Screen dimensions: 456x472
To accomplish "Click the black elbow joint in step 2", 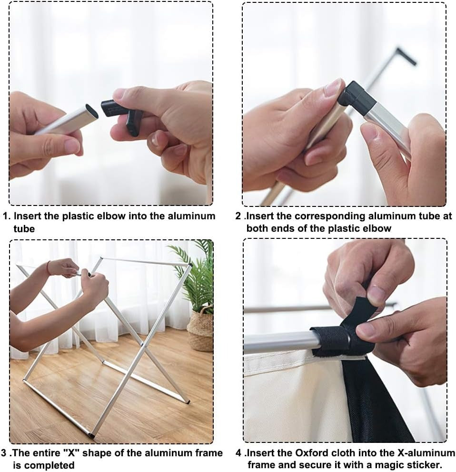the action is coord(357,98).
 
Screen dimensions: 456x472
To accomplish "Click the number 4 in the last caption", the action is coord(238,453).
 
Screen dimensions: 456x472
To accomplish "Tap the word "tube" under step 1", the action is coord(24,229).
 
